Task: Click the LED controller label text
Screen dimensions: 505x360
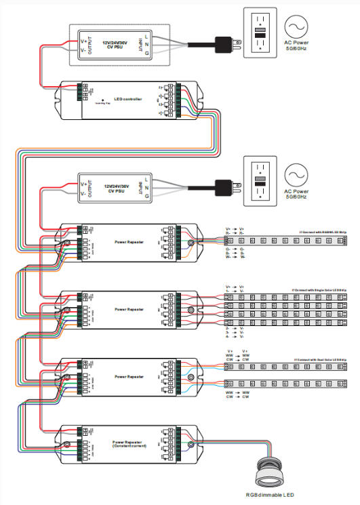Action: tap(129, 99)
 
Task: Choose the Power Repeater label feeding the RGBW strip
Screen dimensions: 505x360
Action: tap(129, 241)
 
